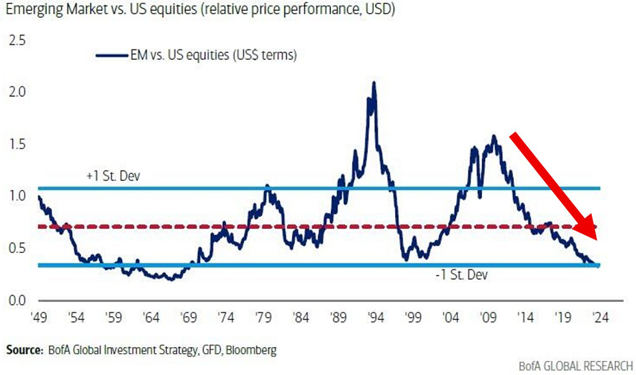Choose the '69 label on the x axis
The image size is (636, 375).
click(x=190, y=318)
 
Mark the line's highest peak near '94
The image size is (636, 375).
click(x=373, y=83)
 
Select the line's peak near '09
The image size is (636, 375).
click(x=494, y=135)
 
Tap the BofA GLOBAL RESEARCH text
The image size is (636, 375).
click(x=575, y=365)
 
